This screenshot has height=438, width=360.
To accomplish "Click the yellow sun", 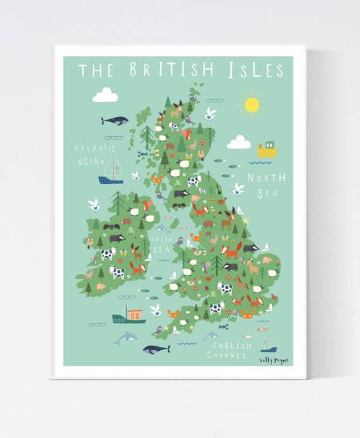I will click(x=253, y=105).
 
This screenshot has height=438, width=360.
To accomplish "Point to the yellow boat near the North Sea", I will click(x=267, y=149).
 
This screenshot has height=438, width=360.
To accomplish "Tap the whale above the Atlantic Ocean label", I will click(x=114, y=120).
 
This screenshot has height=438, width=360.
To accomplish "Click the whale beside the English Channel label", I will click(x=155, y=349).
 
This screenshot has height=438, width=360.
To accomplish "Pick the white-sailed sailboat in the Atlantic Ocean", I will click(x=111, y=172).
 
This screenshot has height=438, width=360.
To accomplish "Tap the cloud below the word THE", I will click(x=105, y=95).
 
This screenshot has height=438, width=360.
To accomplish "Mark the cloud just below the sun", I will click(x=239, y=142).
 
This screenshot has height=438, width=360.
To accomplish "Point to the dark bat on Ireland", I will click(x=112, y=225).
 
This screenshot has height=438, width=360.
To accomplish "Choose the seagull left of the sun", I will click(x=211, y=113).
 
